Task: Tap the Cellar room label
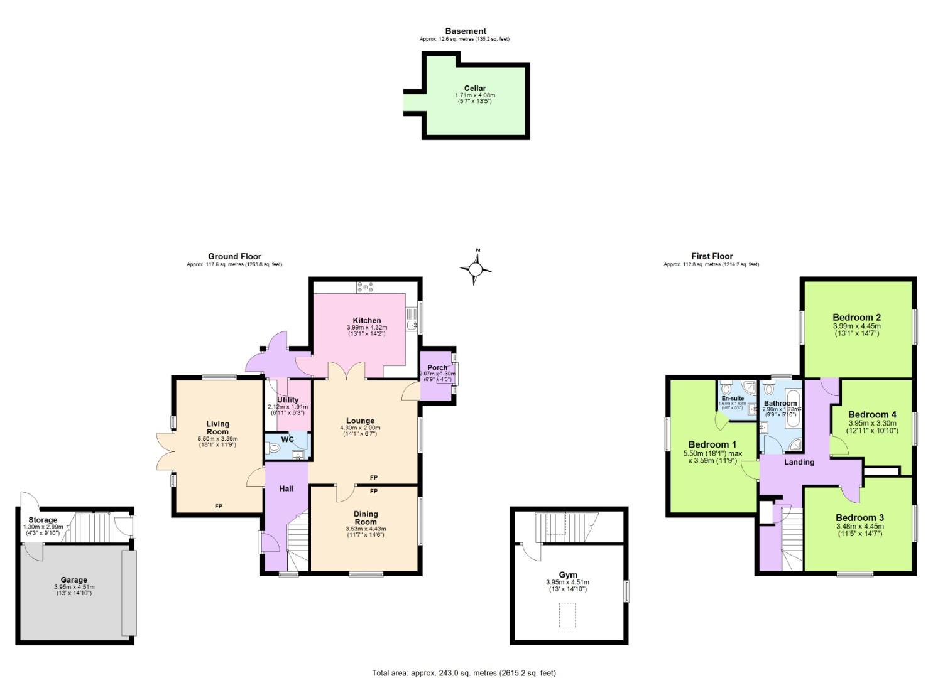pyautogui.click(x=474, y=89)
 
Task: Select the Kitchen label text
pyautogui.click(x=366, y=320)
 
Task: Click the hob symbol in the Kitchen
pyautogui.click(x=365, y=288)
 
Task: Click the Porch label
pyautogui.click(x=437, y=367)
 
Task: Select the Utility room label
pyautogui.click(x=288, y=400)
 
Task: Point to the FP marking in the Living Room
pyautogui.click(x=219, y=506)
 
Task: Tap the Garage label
pyautogui.click(x=74, y=580)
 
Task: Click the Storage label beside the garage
pyautogui.click(x=43, y=520)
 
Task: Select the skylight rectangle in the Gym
pyautogui.click(x=567, y=615)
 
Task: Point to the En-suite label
pyautogui.click(x=733, y=398)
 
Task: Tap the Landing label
pyautogui.click(x=799, y=462)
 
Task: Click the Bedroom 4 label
pyautogui.click(x=872, y=414)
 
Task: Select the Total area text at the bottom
pyautogui.click(x=464, y=673)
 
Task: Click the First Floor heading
pyautogui.click(x=712, y=256)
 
